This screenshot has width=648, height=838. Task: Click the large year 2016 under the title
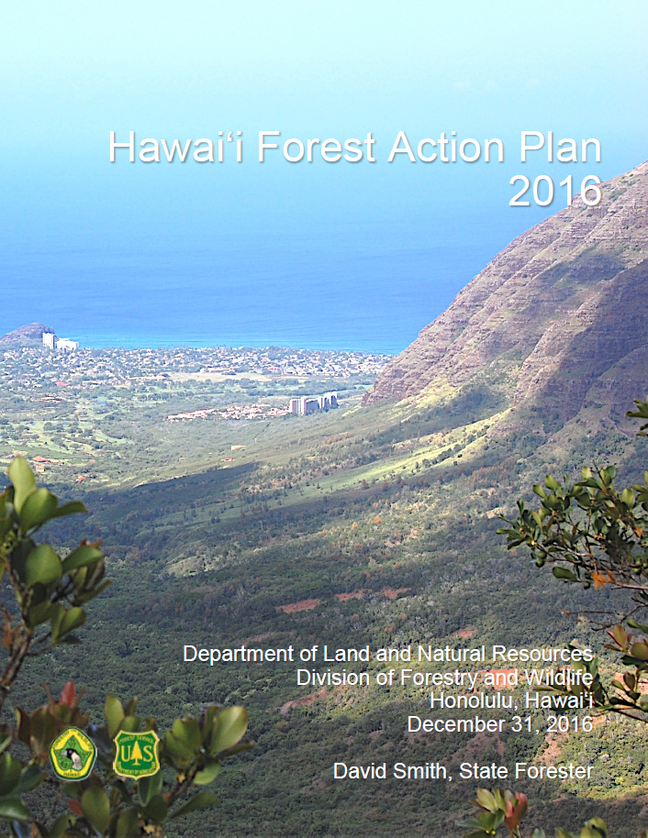554,192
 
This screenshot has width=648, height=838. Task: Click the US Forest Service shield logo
136,755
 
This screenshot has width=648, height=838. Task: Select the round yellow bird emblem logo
73,754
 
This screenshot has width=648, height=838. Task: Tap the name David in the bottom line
361,770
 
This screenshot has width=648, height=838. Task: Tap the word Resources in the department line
538,655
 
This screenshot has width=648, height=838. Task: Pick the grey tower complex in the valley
313,403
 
